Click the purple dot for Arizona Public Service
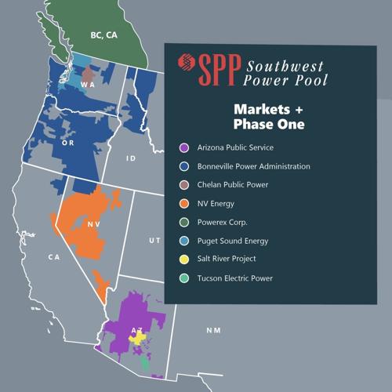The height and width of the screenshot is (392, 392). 183,147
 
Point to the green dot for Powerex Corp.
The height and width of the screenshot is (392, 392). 183,222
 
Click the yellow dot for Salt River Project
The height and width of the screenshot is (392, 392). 183,259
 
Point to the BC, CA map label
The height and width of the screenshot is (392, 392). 103,35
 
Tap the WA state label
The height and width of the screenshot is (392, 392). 88,84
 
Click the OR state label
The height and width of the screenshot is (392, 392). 68,143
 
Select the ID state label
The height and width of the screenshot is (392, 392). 132,158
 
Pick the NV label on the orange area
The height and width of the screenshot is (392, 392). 93,224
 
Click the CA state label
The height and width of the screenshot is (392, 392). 53,256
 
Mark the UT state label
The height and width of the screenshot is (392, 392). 154,240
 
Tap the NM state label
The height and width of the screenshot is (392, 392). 213,330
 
